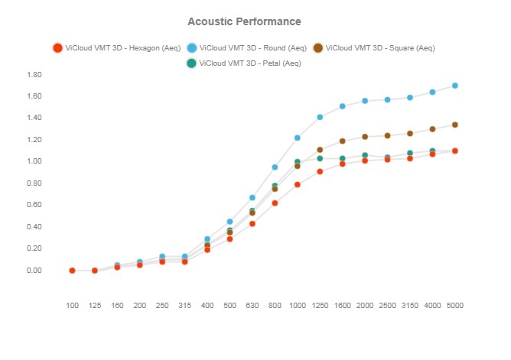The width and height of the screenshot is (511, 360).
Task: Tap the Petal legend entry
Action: coord(244,63)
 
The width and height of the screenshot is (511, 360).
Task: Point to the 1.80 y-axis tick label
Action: coord(34,75)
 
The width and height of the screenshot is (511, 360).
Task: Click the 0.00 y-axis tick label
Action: coord(34,271)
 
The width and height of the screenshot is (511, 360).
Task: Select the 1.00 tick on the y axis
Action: coord(34,162)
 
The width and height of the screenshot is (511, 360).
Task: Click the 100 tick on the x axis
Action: coord(72,306)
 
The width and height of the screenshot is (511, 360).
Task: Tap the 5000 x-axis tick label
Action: coord(455,306)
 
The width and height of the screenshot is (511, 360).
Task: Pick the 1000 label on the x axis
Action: coord(298,306)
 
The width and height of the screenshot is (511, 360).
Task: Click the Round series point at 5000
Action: coord(455,86)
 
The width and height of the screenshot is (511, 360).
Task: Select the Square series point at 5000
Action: coord(455,125)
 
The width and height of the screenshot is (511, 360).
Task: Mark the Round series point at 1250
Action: coord(320,117)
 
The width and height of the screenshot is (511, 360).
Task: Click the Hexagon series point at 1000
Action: coord(298,185)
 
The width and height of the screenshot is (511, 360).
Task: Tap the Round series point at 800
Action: coord(275,167)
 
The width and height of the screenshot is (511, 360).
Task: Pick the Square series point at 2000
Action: coord(365,137)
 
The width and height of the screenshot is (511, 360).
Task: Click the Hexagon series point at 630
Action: coord(252,224)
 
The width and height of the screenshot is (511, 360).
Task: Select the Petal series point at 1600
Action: coord(343,158)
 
